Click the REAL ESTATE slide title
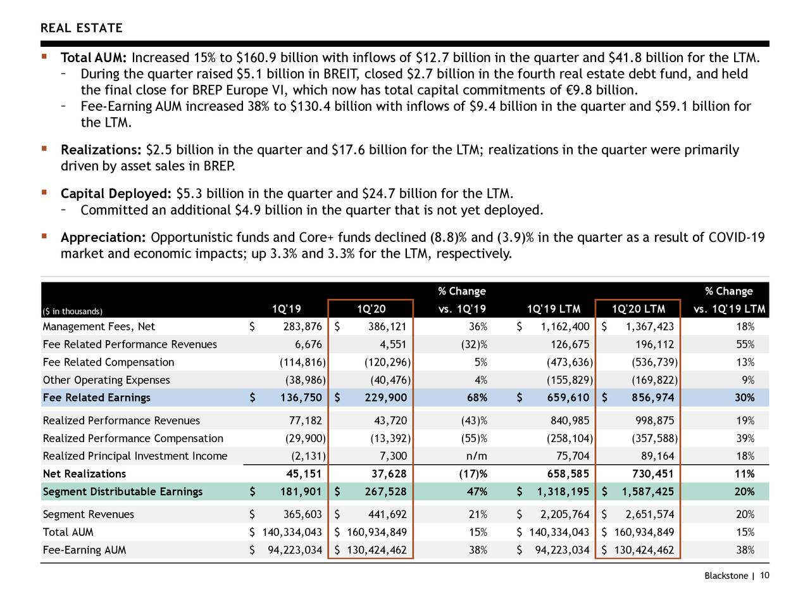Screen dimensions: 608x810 (82, 28)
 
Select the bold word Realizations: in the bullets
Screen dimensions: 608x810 (101, 150)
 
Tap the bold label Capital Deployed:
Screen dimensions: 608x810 (116, 194)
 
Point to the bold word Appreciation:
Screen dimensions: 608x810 (103, 237)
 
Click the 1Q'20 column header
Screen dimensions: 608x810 (371, 309)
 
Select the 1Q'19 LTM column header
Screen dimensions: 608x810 (554, 309)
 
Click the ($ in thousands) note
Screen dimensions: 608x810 (72, 311)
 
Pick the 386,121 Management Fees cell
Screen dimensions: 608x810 (387, 327)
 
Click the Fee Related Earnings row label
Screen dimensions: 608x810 (96, 398)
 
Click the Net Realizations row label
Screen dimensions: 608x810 (84, 474)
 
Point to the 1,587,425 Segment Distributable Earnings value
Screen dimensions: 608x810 (647, 492)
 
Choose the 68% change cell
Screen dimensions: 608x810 (477, 398)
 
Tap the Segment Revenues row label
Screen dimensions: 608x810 (88, 514)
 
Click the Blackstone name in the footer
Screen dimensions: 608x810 (726, 576)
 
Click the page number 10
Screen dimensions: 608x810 (764, 575)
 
